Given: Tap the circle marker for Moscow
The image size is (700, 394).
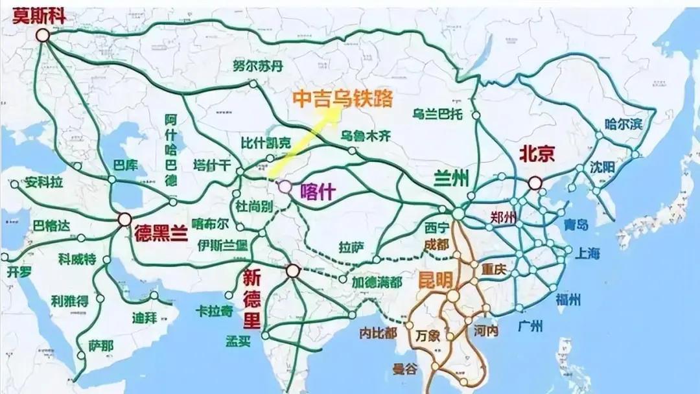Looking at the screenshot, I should [x=43, y=36].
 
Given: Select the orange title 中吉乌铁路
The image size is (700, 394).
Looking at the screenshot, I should [x=342, y=98].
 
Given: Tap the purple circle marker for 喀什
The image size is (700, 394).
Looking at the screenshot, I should [x=285, y=187].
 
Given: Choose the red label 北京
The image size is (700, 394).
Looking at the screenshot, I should [x=537, y=154].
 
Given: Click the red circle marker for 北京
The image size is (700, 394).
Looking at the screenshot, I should [x=535, y=183].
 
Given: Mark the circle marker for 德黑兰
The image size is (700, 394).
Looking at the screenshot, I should [x=125, y=220].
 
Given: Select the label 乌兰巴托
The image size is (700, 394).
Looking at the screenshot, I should [x=438, y=114].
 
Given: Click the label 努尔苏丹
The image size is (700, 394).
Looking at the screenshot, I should [x=258, y=65].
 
